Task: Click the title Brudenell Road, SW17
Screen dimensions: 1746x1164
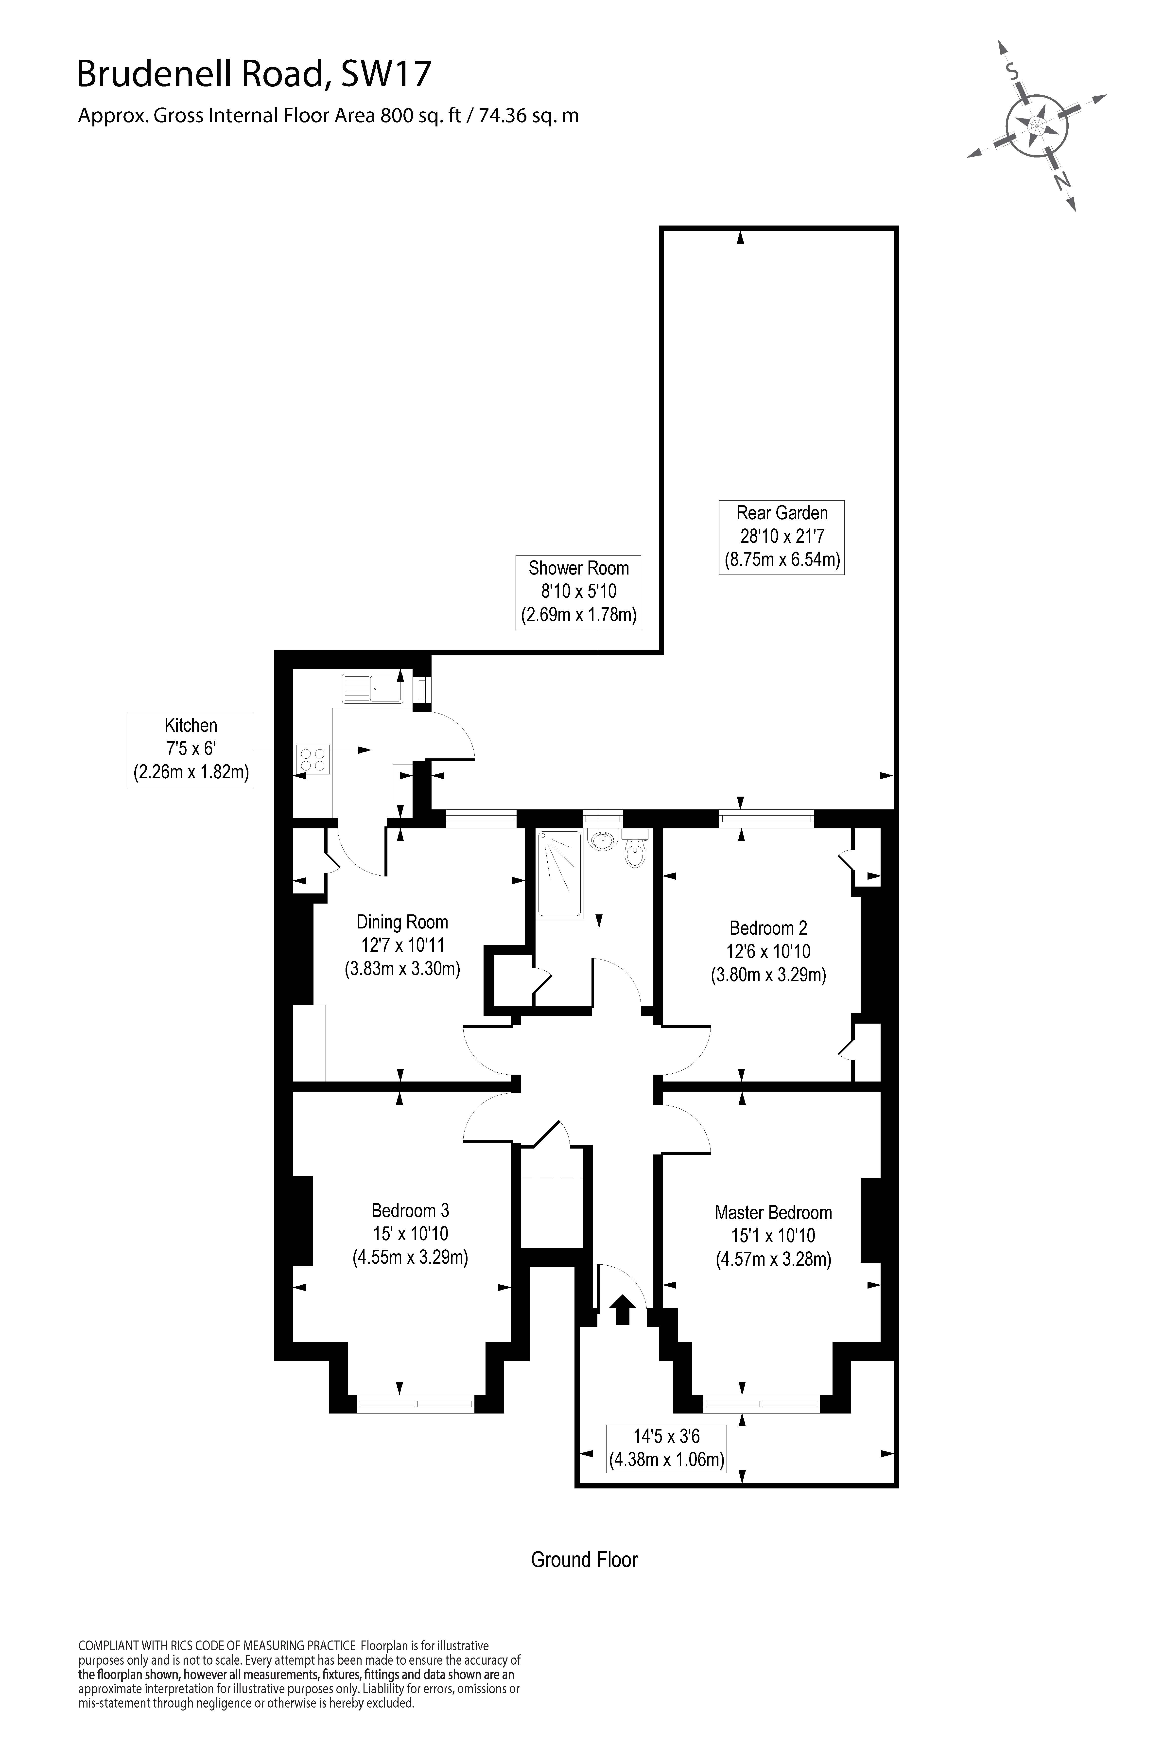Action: pos(254,75)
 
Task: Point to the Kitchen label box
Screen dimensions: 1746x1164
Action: pos(191,750)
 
